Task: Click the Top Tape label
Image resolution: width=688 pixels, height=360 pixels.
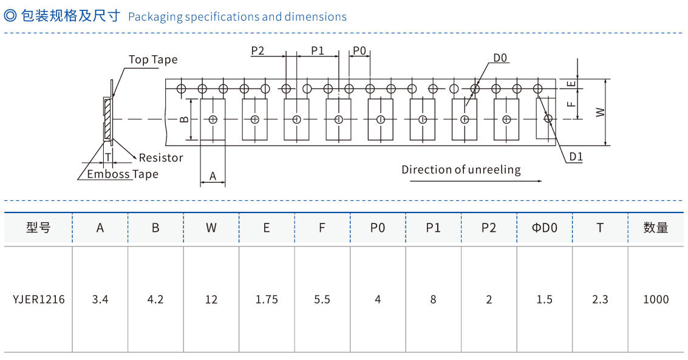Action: tap(153, 59)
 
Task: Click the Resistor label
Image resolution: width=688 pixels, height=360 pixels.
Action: tap(161, 158)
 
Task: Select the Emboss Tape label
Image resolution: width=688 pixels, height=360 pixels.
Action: tap(123, 174)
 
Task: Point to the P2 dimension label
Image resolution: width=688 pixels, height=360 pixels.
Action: tap(258, 51)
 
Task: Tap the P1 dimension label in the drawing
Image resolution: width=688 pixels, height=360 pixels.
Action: tap(318, 51)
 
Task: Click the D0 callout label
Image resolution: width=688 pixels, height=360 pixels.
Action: tap(500, 58)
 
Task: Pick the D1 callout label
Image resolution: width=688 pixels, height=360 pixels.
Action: tap(576, 157)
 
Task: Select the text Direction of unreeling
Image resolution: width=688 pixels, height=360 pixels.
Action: tap(461, 170)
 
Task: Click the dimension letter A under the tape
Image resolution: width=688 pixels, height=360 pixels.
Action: tap(213, 176)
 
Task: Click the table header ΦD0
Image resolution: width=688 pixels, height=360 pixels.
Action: tap(544, 228)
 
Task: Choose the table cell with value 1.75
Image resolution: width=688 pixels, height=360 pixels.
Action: tap(267, 299)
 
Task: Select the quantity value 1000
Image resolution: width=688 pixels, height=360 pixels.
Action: tap(656, 299)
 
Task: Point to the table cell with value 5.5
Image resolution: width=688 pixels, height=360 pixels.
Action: tap(322, 299)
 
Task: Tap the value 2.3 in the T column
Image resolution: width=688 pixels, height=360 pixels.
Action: tap(600, 299)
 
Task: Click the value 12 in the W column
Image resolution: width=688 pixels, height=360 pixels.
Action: tap(211, 299)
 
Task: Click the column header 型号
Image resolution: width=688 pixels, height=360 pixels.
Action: tap(38, 228)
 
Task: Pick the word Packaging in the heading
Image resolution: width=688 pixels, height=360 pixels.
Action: tap(155, 17)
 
